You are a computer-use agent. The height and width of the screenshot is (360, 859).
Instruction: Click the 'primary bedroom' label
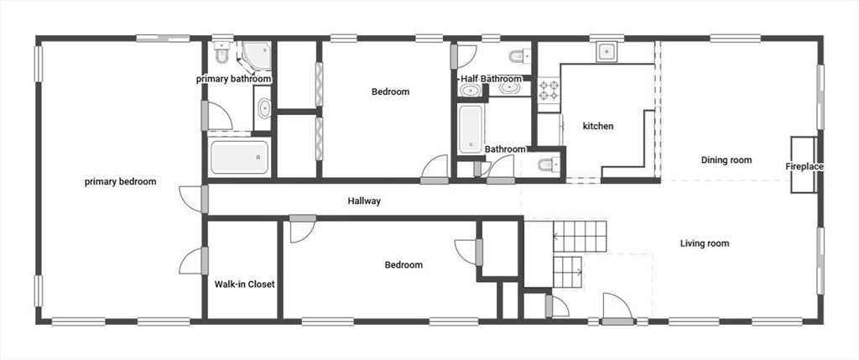[121, 181]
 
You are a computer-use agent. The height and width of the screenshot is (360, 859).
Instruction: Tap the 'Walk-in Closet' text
[244, 284]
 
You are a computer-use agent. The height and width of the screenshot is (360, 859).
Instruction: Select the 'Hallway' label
[364, 201]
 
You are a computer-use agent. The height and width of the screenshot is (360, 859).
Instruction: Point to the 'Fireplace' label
[804, 166]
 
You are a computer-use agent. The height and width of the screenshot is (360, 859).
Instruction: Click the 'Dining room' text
[726, 160]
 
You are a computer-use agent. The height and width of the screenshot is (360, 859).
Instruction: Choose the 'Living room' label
[705, 243]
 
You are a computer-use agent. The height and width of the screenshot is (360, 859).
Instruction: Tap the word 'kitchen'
[597, 126]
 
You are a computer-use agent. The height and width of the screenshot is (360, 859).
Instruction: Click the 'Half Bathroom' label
[491, 79]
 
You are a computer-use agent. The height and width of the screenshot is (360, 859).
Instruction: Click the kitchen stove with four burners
[549, 91]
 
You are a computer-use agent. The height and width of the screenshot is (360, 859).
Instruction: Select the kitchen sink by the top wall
[607, 51]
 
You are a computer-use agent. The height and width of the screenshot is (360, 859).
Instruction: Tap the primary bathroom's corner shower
[255, 57]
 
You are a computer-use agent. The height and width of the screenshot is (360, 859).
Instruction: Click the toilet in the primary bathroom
[221, 53]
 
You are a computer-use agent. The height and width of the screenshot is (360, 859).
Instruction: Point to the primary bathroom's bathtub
[240, 157]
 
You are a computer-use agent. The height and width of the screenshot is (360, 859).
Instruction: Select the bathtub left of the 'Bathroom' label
[471, 129]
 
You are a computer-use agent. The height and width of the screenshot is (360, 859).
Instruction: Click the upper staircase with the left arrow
[580, 236]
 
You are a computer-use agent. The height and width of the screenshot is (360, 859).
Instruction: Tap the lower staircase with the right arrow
[568, 272]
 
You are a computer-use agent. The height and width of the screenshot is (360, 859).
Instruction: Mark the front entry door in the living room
[617, 308]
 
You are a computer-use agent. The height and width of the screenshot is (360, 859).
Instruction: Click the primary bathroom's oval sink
[264, 108]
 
